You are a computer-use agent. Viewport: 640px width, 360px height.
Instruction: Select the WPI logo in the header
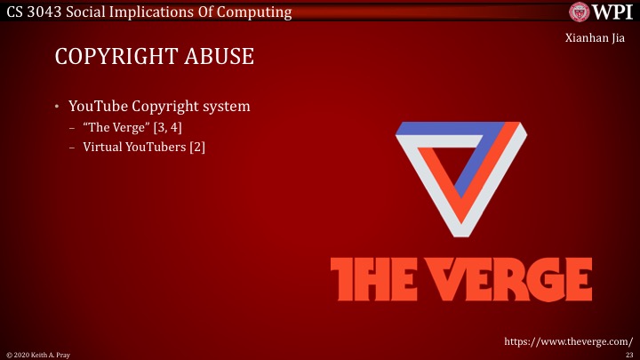[601, 12]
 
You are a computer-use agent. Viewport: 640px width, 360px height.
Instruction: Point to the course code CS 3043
[32, 12]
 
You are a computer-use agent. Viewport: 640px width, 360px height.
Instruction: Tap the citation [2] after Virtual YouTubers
[197, 146]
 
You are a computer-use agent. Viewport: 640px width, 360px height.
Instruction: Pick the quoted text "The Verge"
[116, 128]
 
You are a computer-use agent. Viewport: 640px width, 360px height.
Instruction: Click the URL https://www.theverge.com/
[568, 340]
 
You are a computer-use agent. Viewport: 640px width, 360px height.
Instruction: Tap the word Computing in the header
[258, 12]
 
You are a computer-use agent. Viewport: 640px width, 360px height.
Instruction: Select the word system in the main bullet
[226, 107]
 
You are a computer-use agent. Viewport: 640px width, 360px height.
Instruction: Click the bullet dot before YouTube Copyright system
[57, 108]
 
